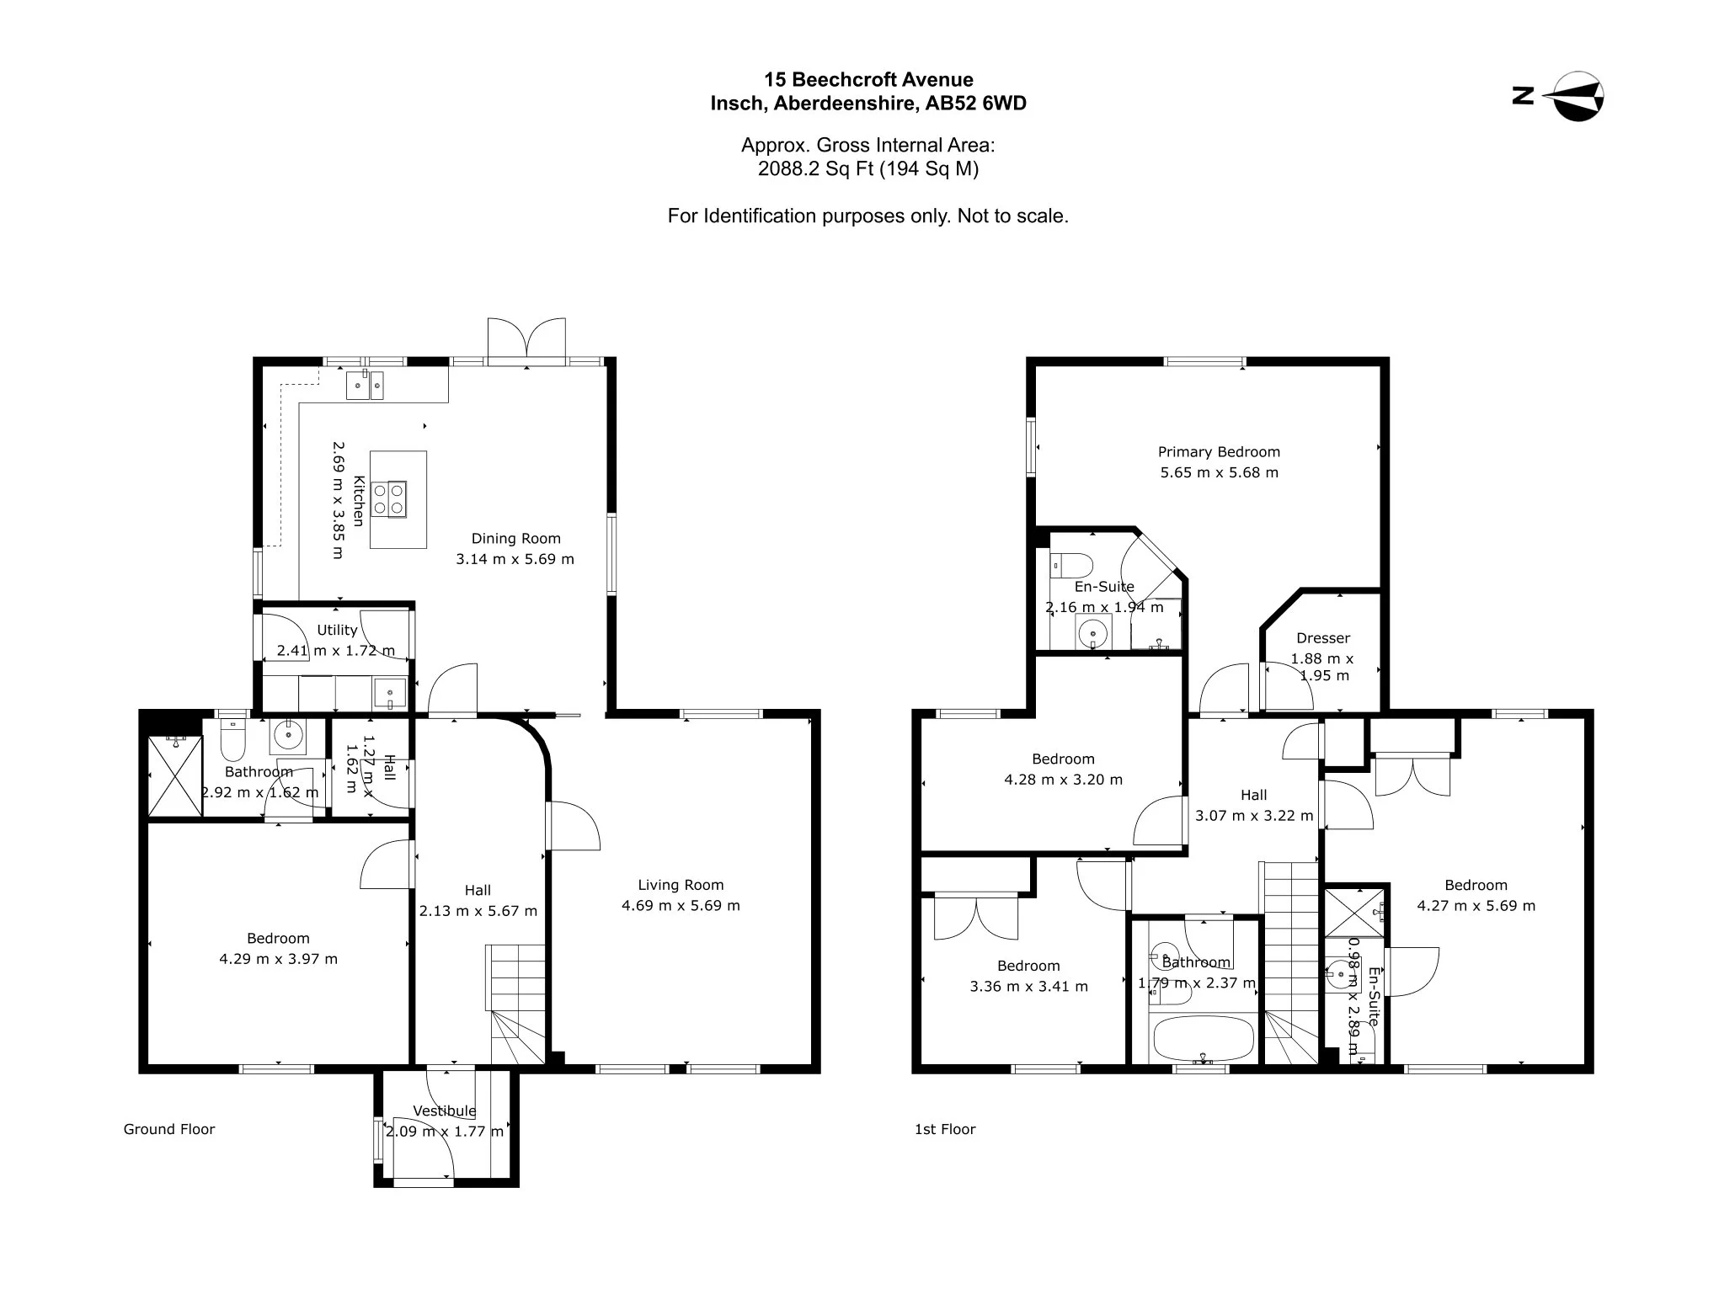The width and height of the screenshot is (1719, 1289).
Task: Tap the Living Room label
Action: click(681, 885)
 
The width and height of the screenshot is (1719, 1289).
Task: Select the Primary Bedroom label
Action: click(1219, 452)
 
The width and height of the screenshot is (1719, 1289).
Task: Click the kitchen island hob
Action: click(389, 498)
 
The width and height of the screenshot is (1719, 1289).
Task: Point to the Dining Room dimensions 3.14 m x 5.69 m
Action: click(515, 559)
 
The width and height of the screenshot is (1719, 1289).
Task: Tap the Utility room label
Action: click(337, 630)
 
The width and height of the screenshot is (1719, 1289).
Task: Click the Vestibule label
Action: click(444, 1111)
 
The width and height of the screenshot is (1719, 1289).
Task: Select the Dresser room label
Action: click(1323, 638)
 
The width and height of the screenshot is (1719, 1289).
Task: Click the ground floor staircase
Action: click(516, 1005)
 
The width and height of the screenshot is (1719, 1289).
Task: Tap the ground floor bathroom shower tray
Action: click(175, 775)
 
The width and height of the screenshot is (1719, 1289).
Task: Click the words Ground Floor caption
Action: click(169, 1130)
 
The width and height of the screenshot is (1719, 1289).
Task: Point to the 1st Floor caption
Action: click(945, 1130)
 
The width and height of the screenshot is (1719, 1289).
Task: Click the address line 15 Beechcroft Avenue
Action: click(868, 80)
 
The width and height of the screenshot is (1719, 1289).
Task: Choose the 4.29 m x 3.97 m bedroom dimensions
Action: click(279, 959)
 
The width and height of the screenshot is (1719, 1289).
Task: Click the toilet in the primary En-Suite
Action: click(1071, 564)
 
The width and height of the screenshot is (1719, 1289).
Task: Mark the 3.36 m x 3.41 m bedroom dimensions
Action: click(1029, 987)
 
